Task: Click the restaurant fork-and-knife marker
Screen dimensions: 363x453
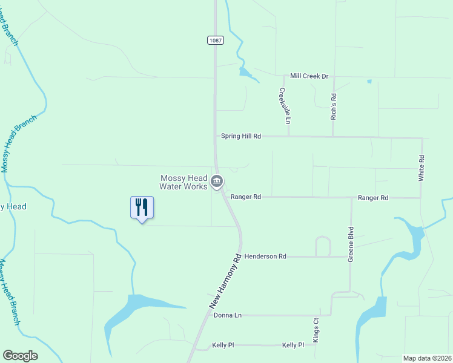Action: pyautogui.click(x=142, y=208)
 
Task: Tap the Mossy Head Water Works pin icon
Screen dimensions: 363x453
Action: pyautogui.click(x=217, y=181)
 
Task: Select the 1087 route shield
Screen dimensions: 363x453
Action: pyautogui.click(x=215, y=41)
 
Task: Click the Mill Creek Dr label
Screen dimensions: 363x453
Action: pyautogui.click(x=309, y=76)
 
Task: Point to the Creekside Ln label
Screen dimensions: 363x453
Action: pyautogui.click(x=284, y=106)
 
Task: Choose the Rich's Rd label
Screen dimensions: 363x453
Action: pyautogui.click(x=333, y=106)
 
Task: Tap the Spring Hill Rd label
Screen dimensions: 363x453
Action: pyautogui.click(x=240, y=137)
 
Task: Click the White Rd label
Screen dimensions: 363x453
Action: pyautogui.click(x=422, y=168)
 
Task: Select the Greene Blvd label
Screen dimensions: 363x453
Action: pyautogui.click(x=350, y=244)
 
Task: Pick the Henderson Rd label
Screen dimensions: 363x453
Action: pyautogui.click(x=265, y=257)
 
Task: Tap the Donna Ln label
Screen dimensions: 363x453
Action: pyautogui.click(x=228, y=315)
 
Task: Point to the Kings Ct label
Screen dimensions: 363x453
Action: pyautogui.click(x=316, y=330)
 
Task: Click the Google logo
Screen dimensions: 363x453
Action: pyautogui.click(x=20, y=356)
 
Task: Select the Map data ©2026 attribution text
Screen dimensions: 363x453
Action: pyautogui.click(x=427, y=358)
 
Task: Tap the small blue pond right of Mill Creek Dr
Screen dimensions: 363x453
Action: pyautogui.click(x=369, y=81)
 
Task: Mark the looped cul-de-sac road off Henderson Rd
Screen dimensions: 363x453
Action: pyautogui.click(x=323, y=246)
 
